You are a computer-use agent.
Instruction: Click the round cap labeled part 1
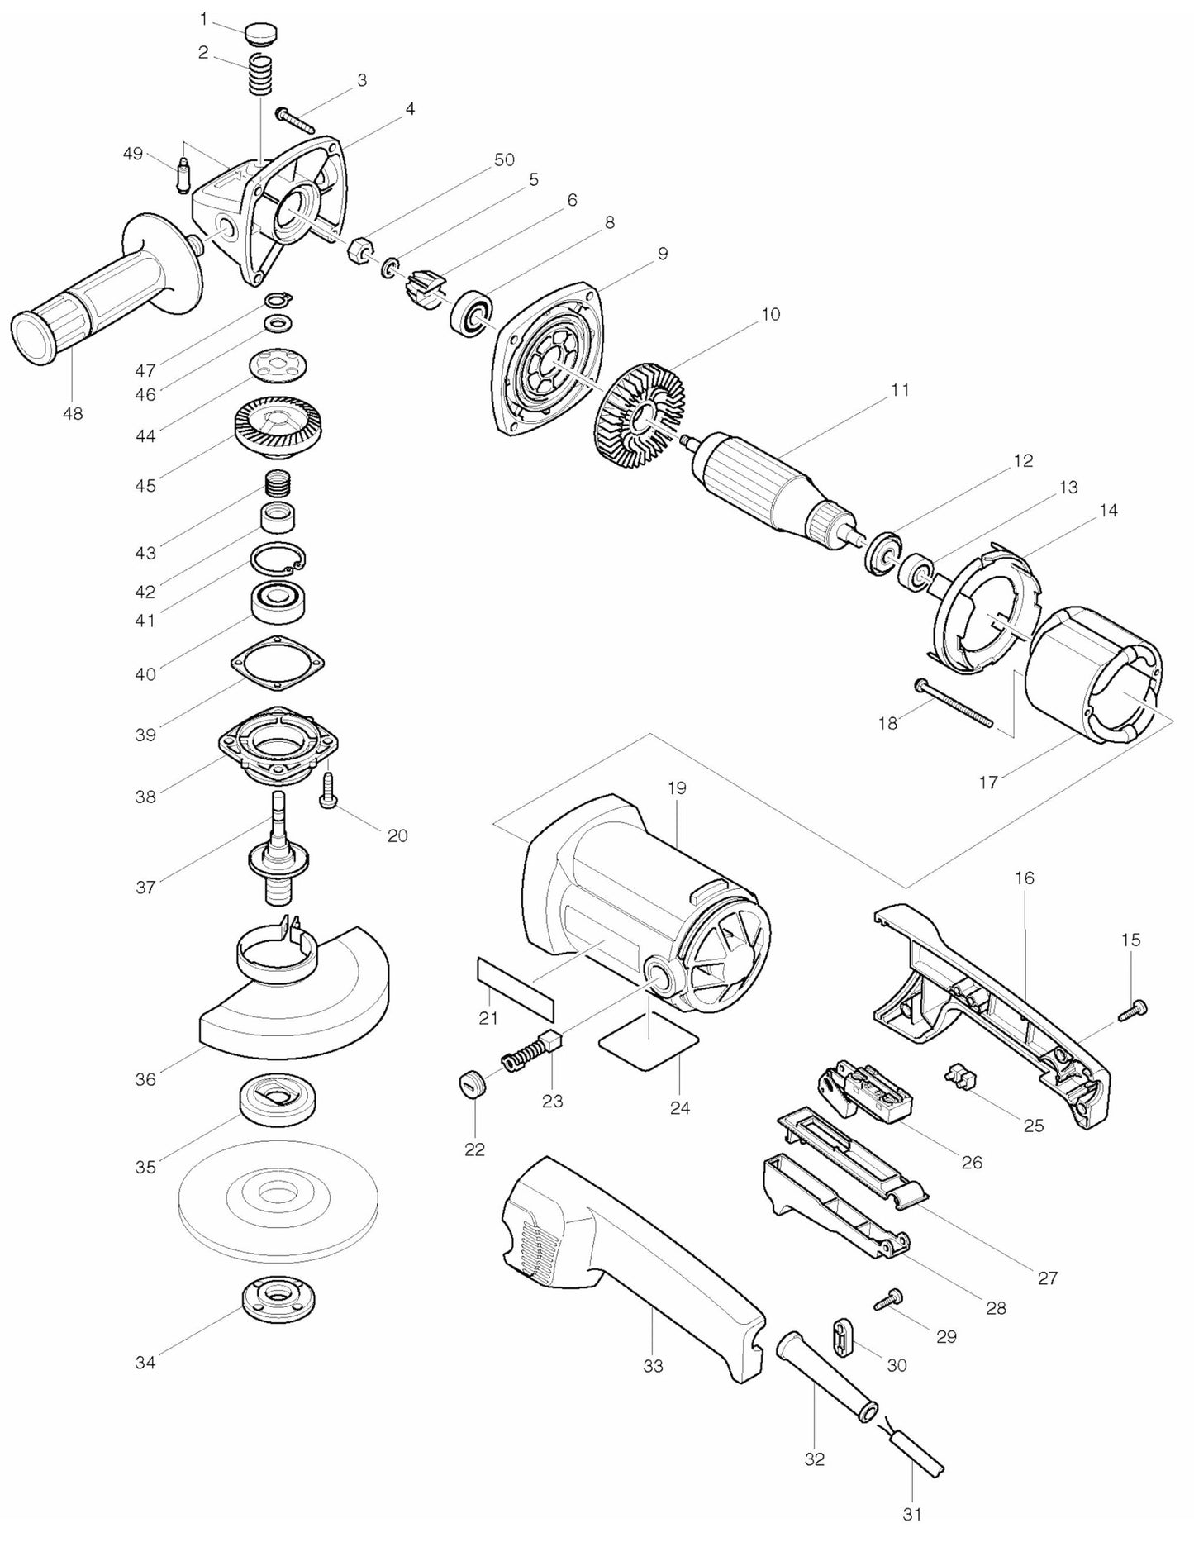[x=260, y=36]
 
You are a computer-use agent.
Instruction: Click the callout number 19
[x=677, y=788]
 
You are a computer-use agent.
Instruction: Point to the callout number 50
[x=504, y=159]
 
